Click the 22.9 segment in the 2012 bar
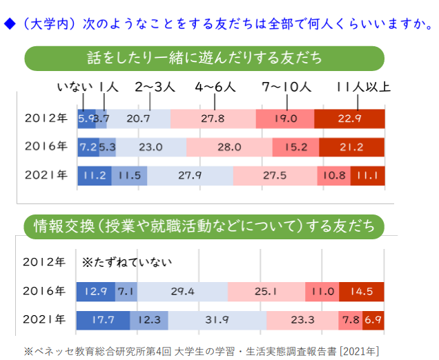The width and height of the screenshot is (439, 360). [x=349, y=119]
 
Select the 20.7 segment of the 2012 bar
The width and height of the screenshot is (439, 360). [x=139, y=119]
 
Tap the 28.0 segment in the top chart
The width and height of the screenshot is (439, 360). [x=228, y=147]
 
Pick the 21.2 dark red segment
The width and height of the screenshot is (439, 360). [x=352, y=147]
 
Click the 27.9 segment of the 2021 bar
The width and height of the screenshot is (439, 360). [x=190, y=175]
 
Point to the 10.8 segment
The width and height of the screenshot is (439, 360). [x=334, y=175]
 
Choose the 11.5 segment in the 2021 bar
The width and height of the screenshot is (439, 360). [x=129, y=175]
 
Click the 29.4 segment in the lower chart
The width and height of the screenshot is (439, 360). [x=183, y=292]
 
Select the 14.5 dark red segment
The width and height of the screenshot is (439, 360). [x=361, y=292]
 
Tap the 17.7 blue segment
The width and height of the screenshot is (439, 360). [x=103, y=320]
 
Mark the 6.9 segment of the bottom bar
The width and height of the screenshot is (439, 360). [x=373, y=320]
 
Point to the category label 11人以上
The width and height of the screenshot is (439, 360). [x=362, y=88]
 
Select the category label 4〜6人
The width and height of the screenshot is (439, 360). [x=215, y=88]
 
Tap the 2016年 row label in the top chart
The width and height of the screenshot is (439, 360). [x=46, y=147]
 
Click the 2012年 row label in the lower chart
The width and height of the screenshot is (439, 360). [x=46, y=263]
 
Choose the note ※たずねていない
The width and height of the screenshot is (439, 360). [x=126, y=263]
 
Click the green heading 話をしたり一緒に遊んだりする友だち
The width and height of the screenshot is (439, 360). [x=204, y=58]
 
